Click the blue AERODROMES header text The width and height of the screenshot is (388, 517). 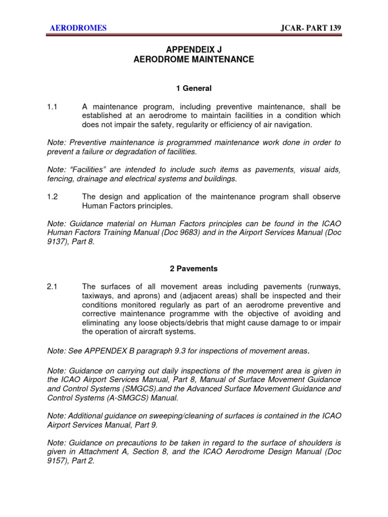[x=78, y=28]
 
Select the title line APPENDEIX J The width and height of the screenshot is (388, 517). [x=193, y=49]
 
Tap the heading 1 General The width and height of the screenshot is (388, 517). [x=193, y=88]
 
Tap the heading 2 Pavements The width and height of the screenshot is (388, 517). [x=193, y=269]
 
